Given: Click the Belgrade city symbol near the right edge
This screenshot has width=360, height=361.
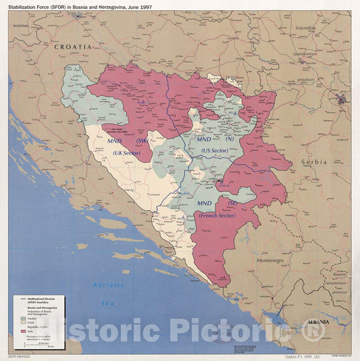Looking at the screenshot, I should click(342, 100).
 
